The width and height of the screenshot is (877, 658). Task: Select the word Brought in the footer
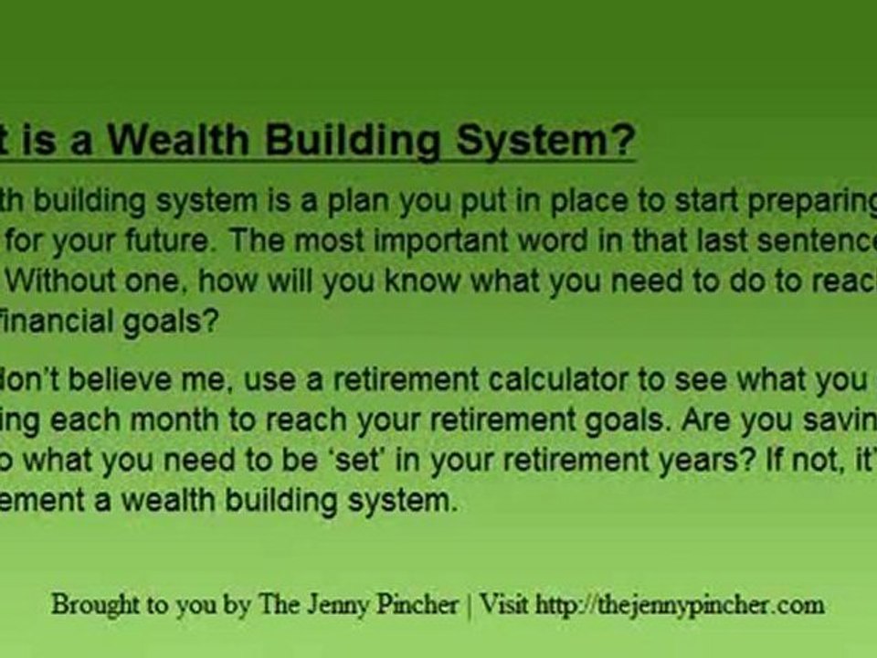click(90, 605)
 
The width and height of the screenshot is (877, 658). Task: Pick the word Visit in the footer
click(504, 605)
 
